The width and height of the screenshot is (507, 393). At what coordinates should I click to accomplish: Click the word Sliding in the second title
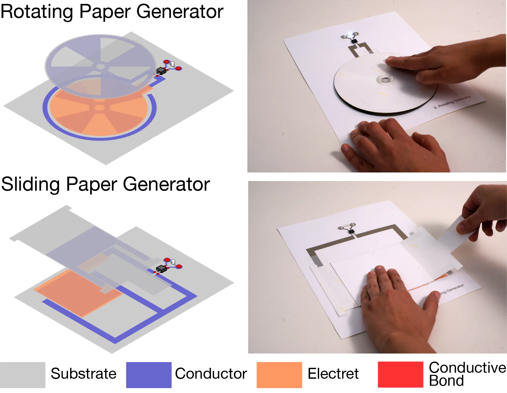click(31, 184)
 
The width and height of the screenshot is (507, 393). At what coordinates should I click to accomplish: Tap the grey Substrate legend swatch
click(23, 375)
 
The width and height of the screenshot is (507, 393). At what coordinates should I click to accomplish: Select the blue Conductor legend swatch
click(149, 375)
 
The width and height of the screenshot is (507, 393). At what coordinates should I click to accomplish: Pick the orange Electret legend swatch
click(279, 375)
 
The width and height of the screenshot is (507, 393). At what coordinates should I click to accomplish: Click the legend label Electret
click(333, 374)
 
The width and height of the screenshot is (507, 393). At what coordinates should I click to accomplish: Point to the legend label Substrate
click(83, 374)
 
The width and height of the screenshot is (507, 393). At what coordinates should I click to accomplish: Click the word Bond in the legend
click(446, 381)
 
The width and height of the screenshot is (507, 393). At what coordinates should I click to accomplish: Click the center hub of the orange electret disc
click(99, 107)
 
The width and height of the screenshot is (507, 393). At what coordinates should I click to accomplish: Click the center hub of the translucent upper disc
click(101, 66)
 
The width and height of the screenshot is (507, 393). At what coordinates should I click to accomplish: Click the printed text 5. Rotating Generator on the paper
click(452, 102)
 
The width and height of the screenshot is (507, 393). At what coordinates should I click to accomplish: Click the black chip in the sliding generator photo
click(351, 231)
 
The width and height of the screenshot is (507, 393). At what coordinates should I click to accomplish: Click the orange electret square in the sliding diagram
click(75, 291)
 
